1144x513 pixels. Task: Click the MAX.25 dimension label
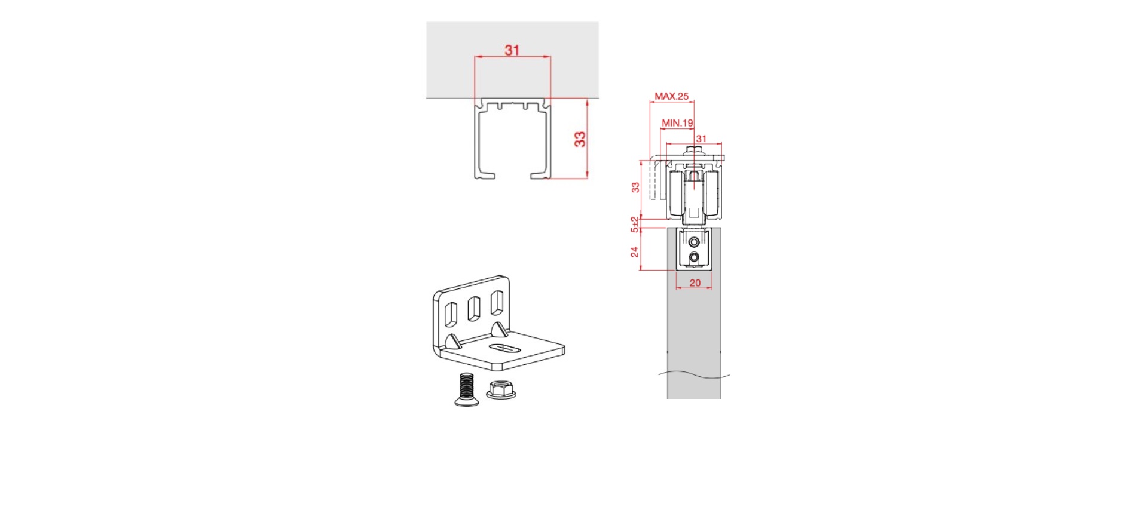tap(671, 96)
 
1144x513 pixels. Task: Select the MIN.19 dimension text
tap(677, 123)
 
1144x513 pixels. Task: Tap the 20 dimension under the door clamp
tap(695, 283)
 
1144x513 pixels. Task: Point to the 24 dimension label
tap(635, 252)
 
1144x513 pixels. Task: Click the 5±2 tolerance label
tap(635, 225)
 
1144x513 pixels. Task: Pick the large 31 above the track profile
tap(512, 50)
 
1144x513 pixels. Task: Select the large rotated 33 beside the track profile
tap(580, 139)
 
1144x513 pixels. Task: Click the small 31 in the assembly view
tap(701, 139)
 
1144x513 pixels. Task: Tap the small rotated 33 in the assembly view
tap(635, 187)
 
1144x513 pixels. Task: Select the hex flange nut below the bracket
tap(501, 389)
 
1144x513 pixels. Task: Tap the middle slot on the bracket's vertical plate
tap(474, 309)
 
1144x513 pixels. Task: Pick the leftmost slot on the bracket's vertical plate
tap(451, 315)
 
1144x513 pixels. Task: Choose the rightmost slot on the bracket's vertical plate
tap(497, 303)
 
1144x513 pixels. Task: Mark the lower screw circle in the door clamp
tap(694, 258)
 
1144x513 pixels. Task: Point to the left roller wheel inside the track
tap(677, 194)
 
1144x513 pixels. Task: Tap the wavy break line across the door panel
tap(694, 375)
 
